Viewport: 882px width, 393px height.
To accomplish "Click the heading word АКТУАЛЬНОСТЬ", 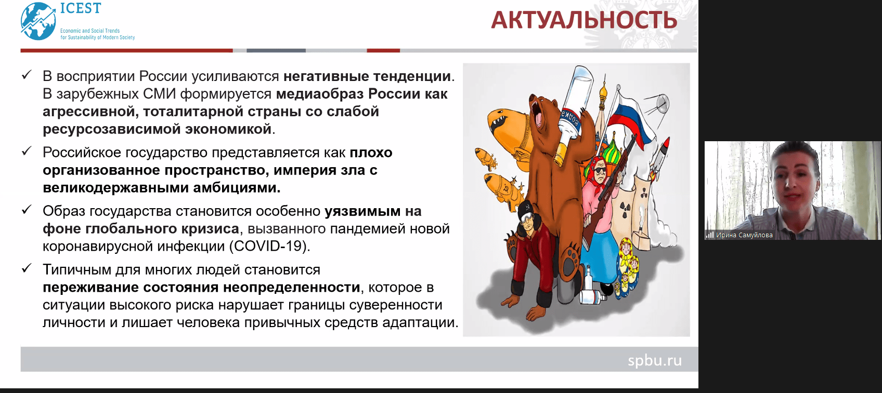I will (x=584, y=21).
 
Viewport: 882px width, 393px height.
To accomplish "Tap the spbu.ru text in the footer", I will (x=654, y=360).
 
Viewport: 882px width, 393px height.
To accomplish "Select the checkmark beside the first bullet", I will (x=27, y=75).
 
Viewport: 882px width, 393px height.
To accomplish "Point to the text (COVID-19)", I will (x=269, y=246).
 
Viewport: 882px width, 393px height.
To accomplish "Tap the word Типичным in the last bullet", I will (x=77, y=270).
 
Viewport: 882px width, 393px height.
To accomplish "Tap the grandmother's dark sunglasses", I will (x=600, y=170).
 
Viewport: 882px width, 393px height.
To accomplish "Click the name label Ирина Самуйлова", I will (x=744, y=235).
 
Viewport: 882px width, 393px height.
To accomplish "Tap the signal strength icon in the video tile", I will (x=709, y=235).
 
